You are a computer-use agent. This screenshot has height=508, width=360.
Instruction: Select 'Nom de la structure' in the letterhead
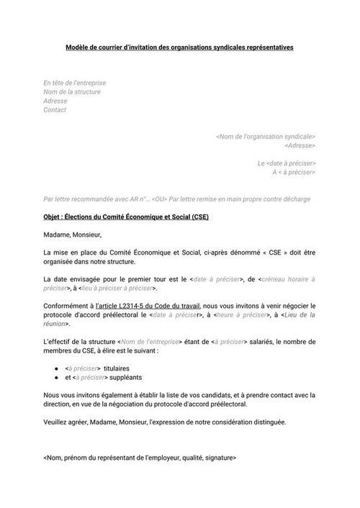click(72, 92)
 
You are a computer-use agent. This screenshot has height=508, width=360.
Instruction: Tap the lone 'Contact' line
click(55, 110)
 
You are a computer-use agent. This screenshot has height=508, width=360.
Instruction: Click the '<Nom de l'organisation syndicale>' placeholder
click(266, 137)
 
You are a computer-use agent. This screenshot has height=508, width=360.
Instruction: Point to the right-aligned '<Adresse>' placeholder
click(300, 146)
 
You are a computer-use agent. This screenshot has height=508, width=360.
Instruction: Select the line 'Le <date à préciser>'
click(286, 164)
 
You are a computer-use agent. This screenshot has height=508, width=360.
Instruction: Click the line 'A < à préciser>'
click(293, 173)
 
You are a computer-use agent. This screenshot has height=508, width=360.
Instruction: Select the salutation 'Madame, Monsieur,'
click(73, 234)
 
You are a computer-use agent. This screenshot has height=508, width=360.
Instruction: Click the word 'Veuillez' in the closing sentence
click(57, 422)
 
